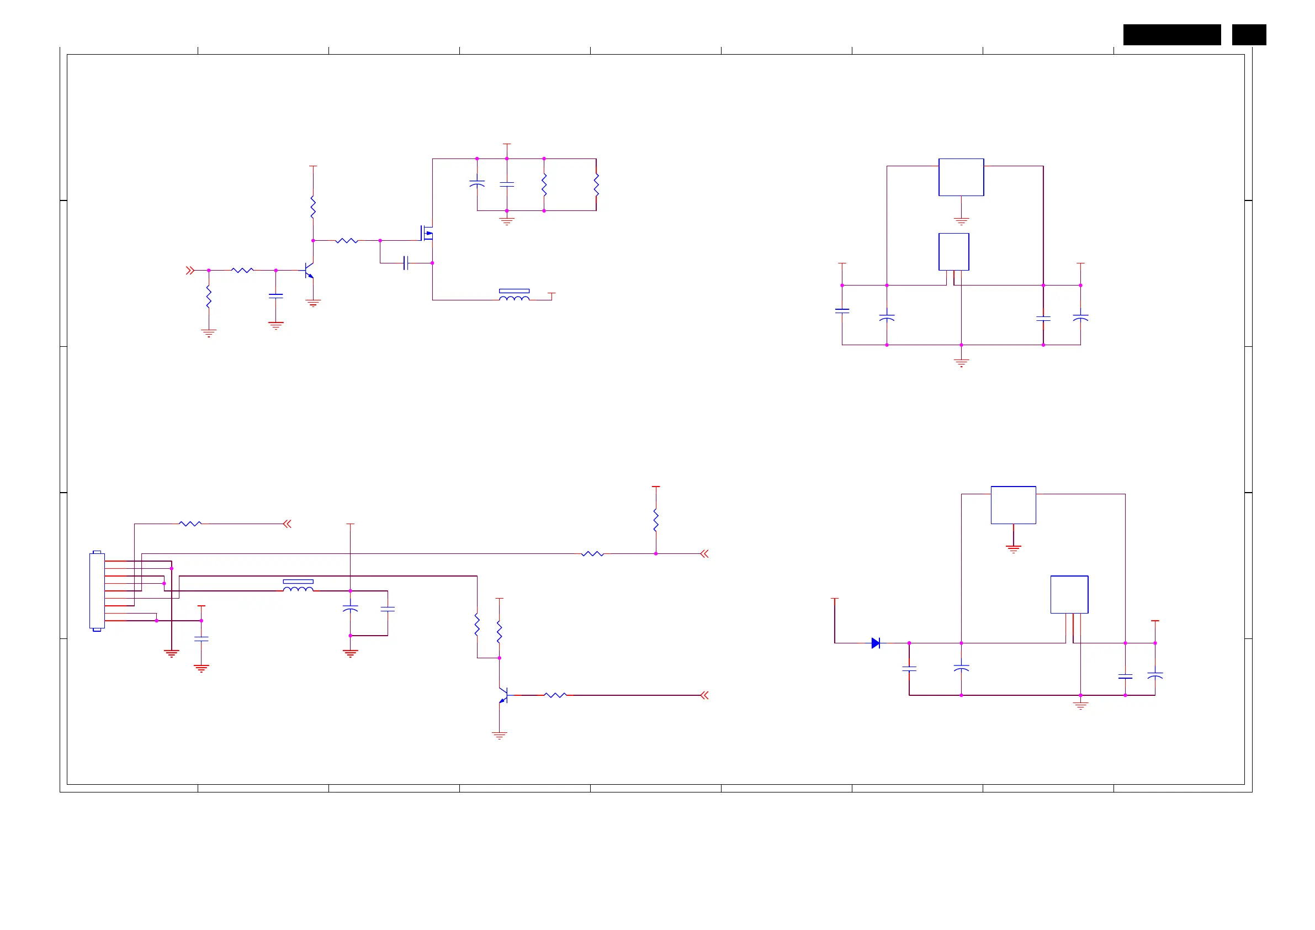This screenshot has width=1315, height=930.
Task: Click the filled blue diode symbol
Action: [x=875, y=643]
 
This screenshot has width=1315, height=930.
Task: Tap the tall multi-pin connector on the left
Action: [x=97, y=591]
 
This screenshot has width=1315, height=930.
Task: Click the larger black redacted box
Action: [x=1171, y=34]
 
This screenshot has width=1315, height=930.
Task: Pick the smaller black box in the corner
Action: [x=1249, y=34]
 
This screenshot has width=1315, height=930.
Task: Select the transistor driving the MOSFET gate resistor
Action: [x=309, y=270]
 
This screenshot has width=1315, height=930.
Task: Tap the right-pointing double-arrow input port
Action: [x=190, y=270]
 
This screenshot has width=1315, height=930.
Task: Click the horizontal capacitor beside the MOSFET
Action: [x=406, y=263]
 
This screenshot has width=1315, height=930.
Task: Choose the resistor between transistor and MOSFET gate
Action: [x=347, y=241]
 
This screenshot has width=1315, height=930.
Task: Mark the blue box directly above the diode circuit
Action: [x=1013, y=505]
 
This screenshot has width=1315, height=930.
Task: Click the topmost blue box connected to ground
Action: [x=961, y=177]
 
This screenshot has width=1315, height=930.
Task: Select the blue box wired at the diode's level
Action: [x=1069, y=594]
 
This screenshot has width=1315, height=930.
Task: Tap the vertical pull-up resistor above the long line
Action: [x=656, y=520]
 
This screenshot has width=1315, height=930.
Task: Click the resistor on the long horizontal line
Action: [x=592, y=553]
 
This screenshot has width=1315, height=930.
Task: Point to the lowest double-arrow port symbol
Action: [x=704, y=695]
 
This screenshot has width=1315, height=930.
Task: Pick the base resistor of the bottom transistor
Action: [x=555, y=695]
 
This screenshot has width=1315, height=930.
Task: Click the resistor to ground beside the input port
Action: [x=209, y=298]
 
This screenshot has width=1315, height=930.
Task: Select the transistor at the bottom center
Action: [x=503, y=695]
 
